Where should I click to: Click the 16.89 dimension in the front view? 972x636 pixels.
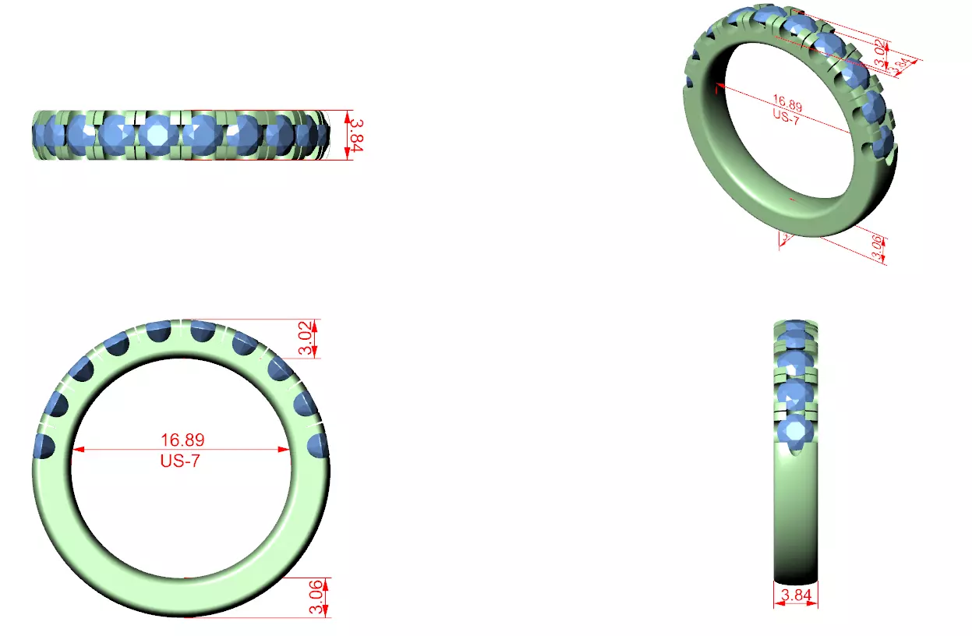point(180,440)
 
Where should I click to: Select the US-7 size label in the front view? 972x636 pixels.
point(180,460)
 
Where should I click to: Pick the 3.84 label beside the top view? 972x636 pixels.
point(355,134)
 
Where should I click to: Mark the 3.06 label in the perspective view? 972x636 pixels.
point(877,247)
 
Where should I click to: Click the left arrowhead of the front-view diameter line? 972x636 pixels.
point(76,450)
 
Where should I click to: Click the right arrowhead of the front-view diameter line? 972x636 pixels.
point(285,450)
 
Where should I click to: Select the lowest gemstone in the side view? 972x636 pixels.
point(795,431)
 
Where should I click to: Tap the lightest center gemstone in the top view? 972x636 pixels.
point(159,134)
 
